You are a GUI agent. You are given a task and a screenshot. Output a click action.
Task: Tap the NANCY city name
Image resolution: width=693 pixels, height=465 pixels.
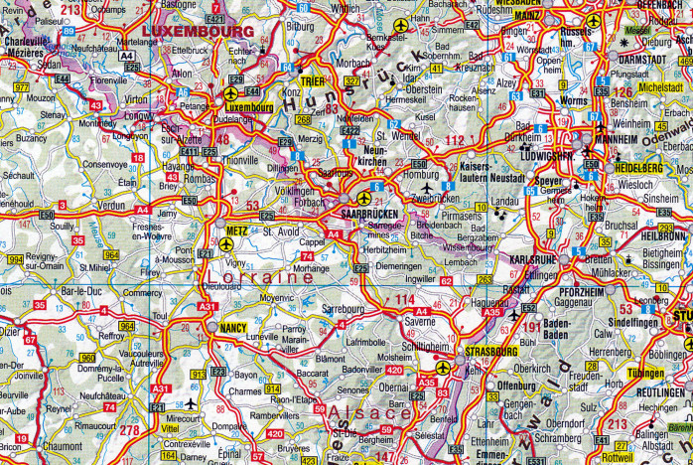(233, 327)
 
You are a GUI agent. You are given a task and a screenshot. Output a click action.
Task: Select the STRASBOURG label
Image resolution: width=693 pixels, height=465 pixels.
(488, 352)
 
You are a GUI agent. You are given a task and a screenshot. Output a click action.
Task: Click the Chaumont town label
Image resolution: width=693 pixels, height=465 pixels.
(64, 446)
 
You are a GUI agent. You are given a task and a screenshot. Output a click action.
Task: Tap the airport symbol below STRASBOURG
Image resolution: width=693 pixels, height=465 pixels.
(442, 368)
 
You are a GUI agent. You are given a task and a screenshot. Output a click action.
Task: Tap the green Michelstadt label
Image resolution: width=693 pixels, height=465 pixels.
(662, 87)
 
